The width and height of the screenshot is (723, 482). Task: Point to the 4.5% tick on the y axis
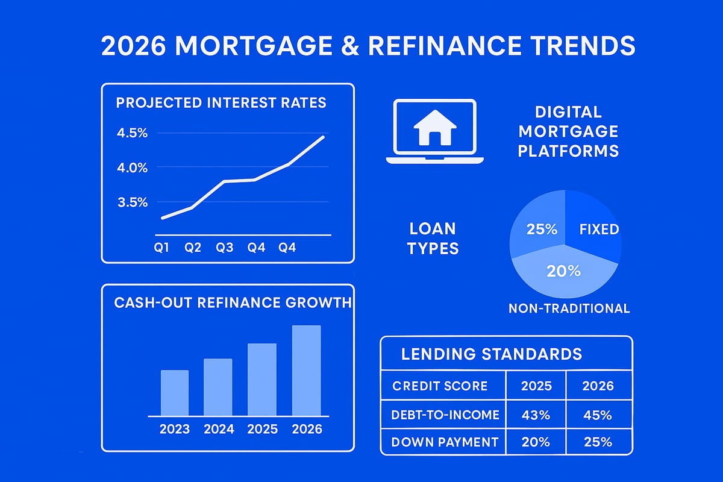click(x=132, y=133)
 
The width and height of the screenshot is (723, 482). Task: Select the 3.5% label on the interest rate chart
click(x=132, y=202)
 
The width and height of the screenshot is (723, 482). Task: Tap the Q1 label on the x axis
click(x=161, y=248)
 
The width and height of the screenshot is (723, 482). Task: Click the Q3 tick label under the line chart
click(x=224, y=248)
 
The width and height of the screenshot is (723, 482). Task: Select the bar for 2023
click(x=175, y=392)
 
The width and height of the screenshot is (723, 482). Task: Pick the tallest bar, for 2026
click(x=307, y=370)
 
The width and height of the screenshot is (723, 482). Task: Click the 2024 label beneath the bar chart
click(x=218, y=429)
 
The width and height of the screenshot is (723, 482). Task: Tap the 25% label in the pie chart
click(x=542, y=230)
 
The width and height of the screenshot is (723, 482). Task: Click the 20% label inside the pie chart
click(x=563, y=271)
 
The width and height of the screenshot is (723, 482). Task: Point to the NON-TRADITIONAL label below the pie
click(x=569, y=308)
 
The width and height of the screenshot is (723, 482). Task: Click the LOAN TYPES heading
click(x=433, y=238)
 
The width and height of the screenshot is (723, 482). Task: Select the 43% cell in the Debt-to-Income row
click(x=536, y=415)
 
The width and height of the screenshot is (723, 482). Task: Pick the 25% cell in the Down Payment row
click(x=598, y=442)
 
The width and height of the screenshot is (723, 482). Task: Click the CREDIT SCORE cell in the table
click(x=440, y=386)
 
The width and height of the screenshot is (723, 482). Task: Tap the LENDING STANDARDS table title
click(x=492, y=354)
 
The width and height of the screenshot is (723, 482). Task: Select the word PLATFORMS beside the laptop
click(x=568, y=150)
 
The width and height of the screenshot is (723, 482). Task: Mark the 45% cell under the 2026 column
click(x=598, y=415)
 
